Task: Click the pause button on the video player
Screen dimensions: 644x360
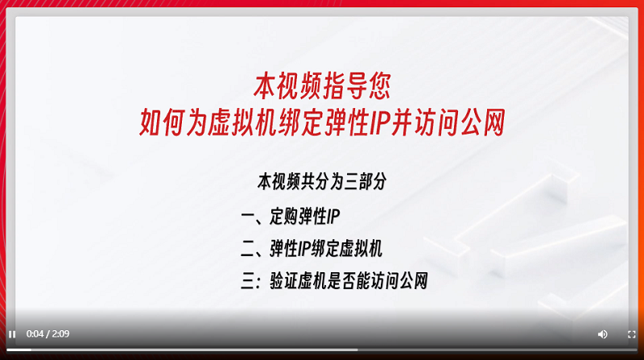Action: coord(12,334)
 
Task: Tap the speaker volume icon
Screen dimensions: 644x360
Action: coord(602,334)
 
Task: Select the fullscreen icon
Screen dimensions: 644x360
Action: coord(632,334)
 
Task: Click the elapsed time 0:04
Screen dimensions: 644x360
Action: coord(35,333)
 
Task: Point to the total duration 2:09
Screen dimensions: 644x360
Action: coord(60,333)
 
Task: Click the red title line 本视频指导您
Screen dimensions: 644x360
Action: coord(322,86)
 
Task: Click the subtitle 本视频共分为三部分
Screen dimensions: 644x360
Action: coord(322,181)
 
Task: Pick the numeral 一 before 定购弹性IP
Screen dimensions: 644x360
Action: coord(248,217)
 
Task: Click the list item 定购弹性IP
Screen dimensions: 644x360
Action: coord(305,216)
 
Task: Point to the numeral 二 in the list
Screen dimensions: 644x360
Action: coord(248,249)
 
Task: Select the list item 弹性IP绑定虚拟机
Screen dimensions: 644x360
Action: coord(326,249)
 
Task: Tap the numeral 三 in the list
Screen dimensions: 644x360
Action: coord(248,281)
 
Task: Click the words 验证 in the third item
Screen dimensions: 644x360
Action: coord(284,281)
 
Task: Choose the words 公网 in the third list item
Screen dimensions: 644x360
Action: coord(414,281)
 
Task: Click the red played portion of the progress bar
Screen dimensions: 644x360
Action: coord(19,350)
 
